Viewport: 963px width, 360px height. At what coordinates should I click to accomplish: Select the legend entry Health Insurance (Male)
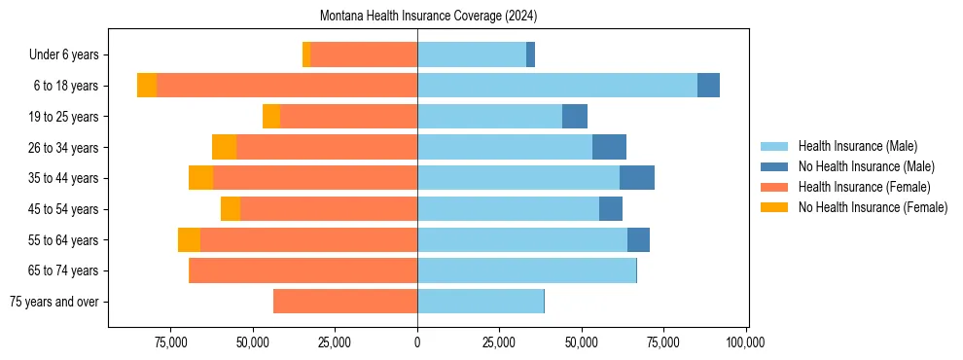point(857,146)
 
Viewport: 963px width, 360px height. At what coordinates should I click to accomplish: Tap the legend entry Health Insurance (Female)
point(864,187)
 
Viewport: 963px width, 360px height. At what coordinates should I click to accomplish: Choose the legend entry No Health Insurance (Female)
point(873,207)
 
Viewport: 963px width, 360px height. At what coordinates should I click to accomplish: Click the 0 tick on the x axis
point(417,342)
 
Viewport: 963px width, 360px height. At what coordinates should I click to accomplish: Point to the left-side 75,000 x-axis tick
point(170,342)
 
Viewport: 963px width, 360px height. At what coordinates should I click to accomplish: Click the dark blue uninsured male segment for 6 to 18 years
point(708,86)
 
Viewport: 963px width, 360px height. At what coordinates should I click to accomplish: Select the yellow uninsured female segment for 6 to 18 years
point(147,86)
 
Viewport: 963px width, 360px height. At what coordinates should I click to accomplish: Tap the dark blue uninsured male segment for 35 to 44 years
point(637,178)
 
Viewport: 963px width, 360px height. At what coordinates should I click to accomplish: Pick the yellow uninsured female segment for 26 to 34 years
point(224,147)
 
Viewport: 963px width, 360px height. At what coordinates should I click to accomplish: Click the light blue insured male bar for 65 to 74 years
point(526,270)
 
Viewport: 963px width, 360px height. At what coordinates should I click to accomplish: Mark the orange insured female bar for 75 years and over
point(345,302)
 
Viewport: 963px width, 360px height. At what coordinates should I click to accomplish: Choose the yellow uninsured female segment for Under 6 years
point(306,54)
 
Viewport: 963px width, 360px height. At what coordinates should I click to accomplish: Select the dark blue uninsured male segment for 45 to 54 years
point(611,209)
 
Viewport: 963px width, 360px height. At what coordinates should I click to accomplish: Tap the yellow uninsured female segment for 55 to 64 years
point(189,239)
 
